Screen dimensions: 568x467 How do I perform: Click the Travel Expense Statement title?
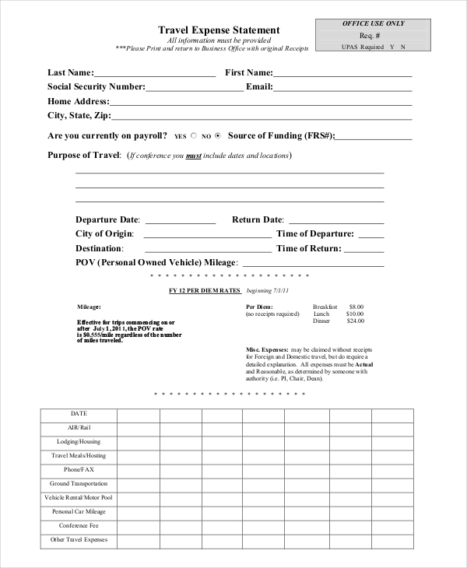(219, 30)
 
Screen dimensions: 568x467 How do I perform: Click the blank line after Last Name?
(156, 76)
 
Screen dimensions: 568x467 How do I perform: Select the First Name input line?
(342, 76)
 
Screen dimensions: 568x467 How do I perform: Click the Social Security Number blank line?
(195, 90)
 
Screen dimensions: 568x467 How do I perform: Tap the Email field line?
(342, 90)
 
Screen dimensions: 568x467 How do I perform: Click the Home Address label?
(78, 101)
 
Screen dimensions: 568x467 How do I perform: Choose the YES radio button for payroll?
(195, 135)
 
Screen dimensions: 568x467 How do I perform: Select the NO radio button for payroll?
(218, 135)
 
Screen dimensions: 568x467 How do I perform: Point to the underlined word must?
(194, 156)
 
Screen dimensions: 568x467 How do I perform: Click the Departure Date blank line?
(180, 223)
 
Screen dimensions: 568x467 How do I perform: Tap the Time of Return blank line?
(364, 251)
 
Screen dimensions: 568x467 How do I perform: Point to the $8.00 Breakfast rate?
(356, 307)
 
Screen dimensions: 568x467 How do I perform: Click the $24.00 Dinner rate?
(355, 321)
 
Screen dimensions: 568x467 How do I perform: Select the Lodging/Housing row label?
(79, 441)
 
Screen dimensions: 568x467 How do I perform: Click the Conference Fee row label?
(79, 525)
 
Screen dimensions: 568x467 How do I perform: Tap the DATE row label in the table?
(79, 413)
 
